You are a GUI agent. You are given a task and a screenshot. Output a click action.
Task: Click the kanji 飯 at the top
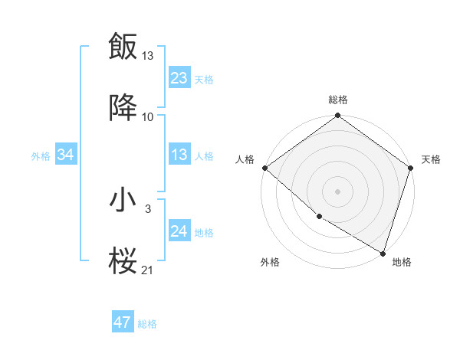(123, 47)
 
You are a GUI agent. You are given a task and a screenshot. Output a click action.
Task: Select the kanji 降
(123, 110)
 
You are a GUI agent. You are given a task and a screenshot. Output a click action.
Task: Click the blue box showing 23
(179, 77)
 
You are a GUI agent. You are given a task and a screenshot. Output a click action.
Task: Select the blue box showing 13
(179, 155)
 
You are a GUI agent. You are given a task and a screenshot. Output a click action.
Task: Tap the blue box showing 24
(179, 231)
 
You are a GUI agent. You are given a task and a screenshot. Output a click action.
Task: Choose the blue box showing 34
(65, 155)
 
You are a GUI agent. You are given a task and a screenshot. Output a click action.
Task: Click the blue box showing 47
(123, 322)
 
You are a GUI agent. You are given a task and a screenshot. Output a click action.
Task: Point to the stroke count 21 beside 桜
(147, 270)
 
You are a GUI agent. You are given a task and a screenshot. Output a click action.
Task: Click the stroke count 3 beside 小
(147, 208)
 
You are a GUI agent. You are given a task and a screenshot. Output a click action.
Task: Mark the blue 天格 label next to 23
(204, 79)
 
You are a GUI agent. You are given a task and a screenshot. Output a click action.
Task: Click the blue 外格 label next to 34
(41, 156)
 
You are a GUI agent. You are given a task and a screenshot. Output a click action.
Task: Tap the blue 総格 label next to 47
(147, 324)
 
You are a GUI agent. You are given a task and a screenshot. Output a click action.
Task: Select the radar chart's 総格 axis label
(337, 100)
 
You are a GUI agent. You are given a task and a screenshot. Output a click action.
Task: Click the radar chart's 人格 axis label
(245, 159)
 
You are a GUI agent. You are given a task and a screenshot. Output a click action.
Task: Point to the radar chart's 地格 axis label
(402, 262)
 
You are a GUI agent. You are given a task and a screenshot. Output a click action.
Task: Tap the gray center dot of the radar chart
(337, 191)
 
